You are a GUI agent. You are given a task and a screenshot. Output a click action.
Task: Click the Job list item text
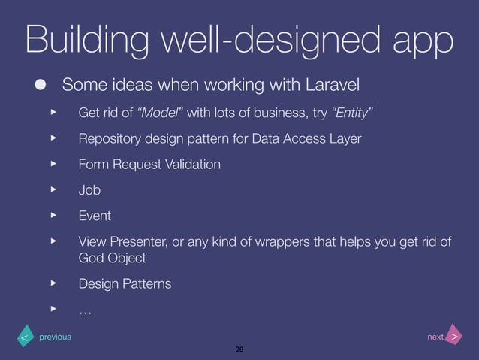(x=89, y=190)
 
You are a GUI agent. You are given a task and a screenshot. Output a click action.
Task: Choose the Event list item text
(x=95, y=216)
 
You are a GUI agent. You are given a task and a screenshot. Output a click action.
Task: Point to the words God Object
(x=113, y=258)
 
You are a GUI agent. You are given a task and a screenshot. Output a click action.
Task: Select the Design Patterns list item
(x=125, y=284)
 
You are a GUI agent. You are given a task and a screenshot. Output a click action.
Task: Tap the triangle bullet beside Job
(x=53, y=189)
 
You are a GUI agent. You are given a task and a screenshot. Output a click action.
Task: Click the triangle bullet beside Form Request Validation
(x=53, y=164)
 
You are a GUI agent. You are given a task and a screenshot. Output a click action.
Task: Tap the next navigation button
(x=453, y=337)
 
